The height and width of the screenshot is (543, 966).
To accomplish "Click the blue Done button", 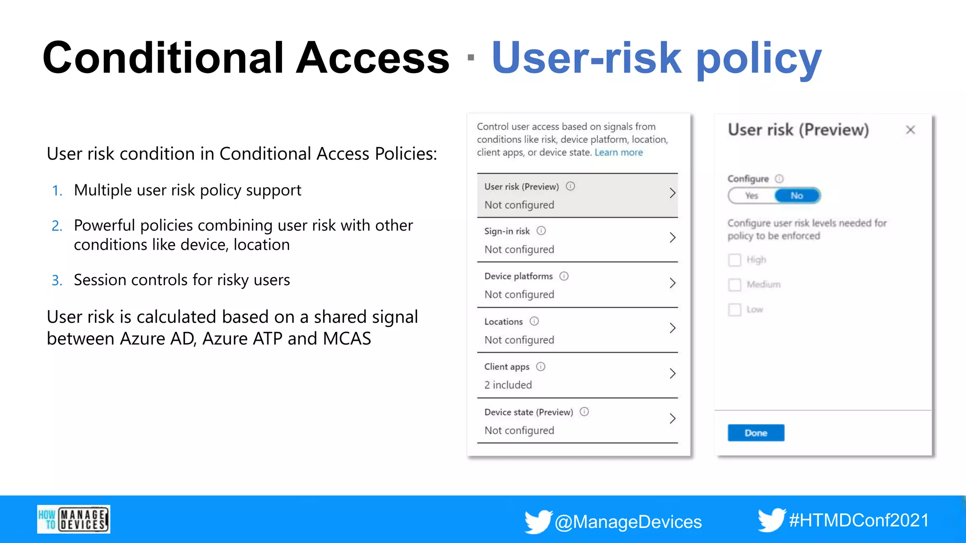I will coord(756,433).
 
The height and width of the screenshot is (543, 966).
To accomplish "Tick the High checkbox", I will coord(734,260).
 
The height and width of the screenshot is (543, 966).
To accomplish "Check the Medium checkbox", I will coord(734,285).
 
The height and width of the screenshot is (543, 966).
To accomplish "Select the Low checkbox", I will coord(734,310).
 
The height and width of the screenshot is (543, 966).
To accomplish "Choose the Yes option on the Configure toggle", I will coord(751,196).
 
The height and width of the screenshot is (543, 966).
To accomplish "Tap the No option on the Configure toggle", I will coord(797,196).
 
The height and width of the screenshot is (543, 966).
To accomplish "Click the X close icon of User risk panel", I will coord(910,130).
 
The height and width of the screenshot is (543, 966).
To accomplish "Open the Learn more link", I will coord(618,152).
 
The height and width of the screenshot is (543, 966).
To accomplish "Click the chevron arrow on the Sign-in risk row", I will coord(673,238).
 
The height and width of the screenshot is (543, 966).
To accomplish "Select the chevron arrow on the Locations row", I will coord(673,328).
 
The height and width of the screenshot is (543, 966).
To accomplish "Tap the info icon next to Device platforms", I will coord(564,276).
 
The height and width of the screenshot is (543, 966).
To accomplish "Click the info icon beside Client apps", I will coord(541,367).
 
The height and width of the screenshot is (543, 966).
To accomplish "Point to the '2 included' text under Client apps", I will coord(508,385).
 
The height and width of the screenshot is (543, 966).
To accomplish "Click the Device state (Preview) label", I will coord(528,412).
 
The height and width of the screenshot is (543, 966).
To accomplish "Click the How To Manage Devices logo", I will coord(74,519).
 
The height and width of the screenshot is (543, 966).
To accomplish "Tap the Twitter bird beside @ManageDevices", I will coord(538,521).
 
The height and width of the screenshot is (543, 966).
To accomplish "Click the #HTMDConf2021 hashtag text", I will coord(858,520).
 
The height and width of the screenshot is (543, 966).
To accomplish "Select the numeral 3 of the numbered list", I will coord(56,281).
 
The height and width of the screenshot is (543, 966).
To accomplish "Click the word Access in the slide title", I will coord(372,58).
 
